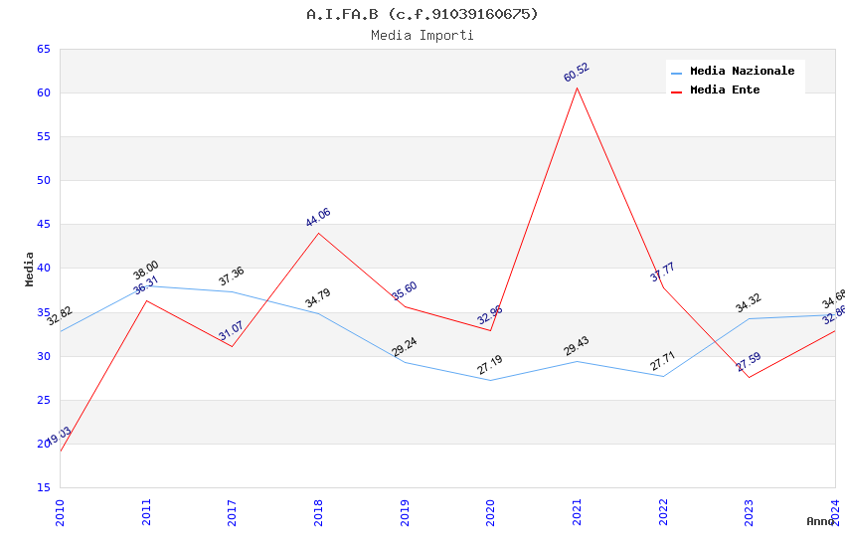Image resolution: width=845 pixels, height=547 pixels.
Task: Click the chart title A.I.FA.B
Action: pyautogui.click(x=422, y=14)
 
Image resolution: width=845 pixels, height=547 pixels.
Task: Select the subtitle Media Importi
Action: pyautogui.click(x=422, y=35)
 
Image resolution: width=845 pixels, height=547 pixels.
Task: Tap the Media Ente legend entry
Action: pyautogui.click(x=725, y=90)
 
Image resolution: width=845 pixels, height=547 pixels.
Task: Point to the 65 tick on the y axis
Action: pyautogui.click(x=43, y=49)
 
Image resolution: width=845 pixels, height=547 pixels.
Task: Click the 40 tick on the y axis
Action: pyautogui.click(x=43, y=269)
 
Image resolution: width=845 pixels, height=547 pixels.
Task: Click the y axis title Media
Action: pyautogui.click(x=30, y=269)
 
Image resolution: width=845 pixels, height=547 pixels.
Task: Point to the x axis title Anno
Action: pyautogui.click(x=820, y=521)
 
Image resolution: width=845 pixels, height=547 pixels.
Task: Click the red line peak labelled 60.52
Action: pyautogui.click(x=577, y=88)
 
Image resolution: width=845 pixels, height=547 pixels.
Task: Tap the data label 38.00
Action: pyautogui.click(x=146, y=271)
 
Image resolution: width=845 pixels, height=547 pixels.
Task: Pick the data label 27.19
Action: pyautogui.click(x=490, y=365)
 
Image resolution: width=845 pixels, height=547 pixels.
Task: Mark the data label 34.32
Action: pyautogui.click(x=749, y=303)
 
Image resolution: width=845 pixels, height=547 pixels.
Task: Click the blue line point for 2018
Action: pyautogui.click(x=318, y=313)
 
